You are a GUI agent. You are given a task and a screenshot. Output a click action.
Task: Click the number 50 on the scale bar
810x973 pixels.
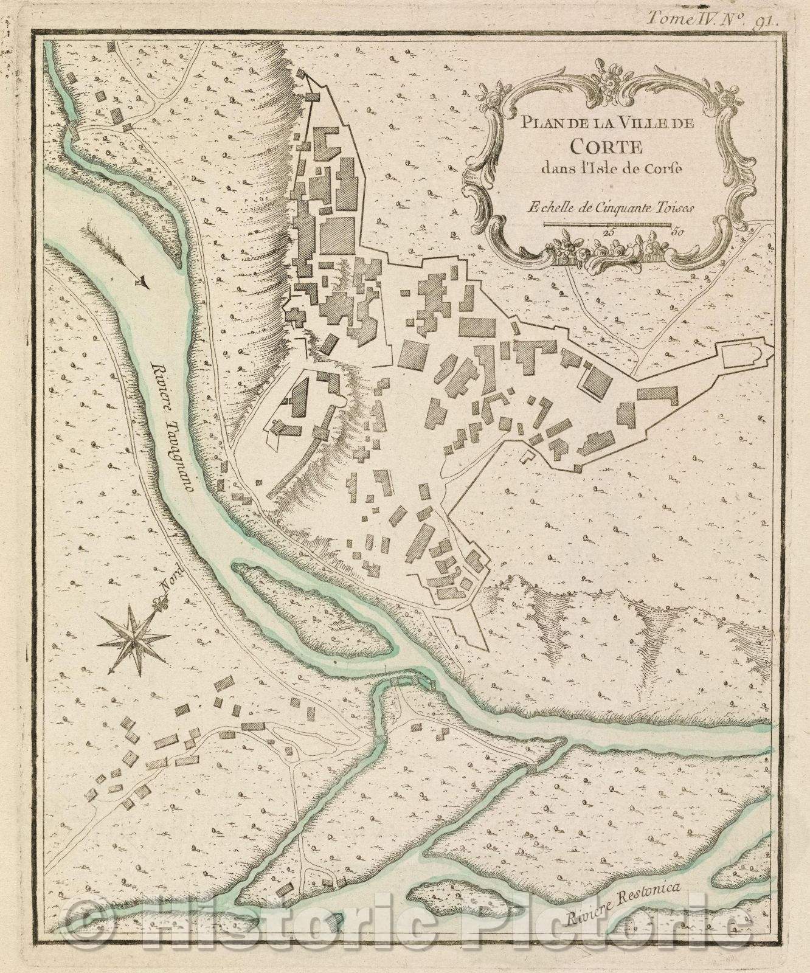[x=678, y=232]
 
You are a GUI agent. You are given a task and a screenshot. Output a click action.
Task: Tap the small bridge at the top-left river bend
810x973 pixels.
[x=73, y=129]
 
